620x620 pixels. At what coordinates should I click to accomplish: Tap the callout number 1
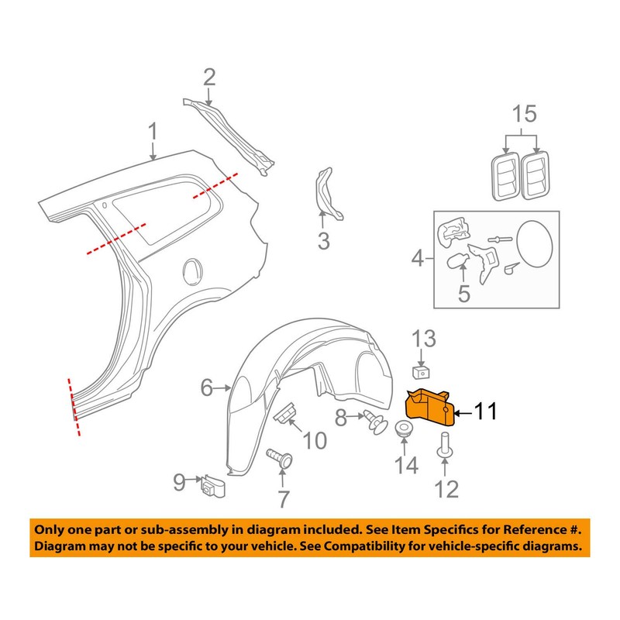pyautogui.click(x=153, y=131)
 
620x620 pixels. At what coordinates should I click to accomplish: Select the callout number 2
pyautogui.click(x=209, y=77)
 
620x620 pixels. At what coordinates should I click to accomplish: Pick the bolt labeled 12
pyautogui.click(x=444, y=448)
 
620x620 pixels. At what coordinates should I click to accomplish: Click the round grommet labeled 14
pyautogui.click(x=404, y=430)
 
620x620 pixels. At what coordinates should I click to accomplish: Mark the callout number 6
pyautogui.click(x=206, y=387)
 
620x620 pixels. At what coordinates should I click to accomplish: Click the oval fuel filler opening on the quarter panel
pyautogui.click(x=190, y=272)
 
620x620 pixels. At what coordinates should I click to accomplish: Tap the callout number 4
pyautogui.click(x=417, y=258)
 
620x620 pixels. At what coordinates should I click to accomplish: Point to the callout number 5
pyautogui.click(x=463, y=294)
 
